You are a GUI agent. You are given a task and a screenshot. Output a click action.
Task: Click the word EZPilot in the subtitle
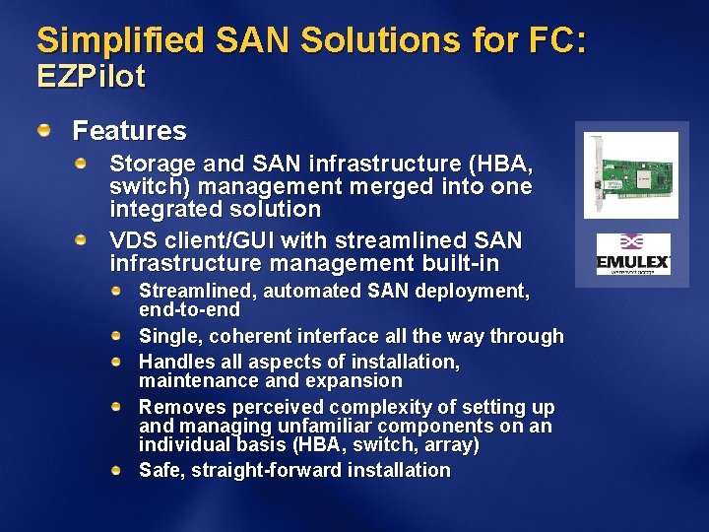pyautogui.click(x=91, y=77)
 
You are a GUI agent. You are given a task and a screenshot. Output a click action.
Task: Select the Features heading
pyautogui.click(x=129, y=130)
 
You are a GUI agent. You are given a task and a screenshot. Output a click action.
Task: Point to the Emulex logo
pyautogui.click(x=633, y=254)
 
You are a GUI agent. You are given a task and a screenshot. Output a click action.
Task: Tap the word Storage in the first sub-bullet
pyautogui.click(x=146, y=164)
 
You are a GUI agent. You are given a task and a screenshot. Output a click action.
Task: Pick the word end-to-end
pyautogui.click(x=176, y=310)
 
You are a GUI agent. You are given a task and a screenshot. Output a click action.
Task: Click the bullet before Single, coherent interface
pyautogui.click(x=117, y=335)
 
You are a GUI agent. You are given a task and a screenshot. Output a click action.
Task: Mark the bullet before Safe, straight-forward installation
pyautogui.click(x=117, y=470)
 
